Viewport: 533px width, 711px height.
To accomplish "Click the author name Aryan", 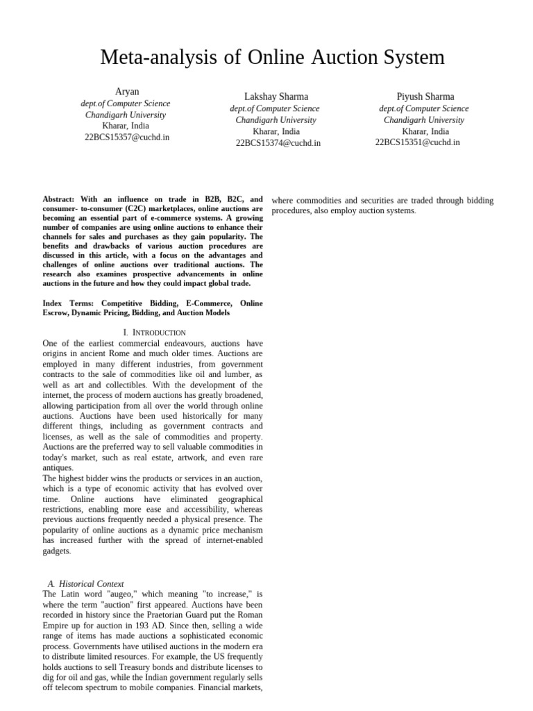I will [126, 92].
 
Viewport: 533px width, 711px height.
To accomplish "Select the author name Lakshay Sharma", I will [276, 97].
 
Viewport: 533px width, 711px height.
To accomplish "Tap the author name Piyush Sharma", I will [425, 97].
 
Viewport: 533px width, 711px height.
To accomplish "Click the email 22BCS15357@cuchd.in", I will [126, 137].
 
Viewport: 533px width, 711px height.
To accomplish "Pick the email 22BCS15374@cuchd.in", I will [278, 143].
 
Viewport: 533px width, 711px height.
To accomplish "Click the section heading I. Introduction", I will [154, 333].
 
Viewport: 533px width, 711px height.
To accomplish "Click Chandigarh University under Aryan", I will [126, 115].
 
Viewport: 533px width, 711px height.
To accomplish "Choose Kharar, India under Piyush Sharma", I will [425, 131].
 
